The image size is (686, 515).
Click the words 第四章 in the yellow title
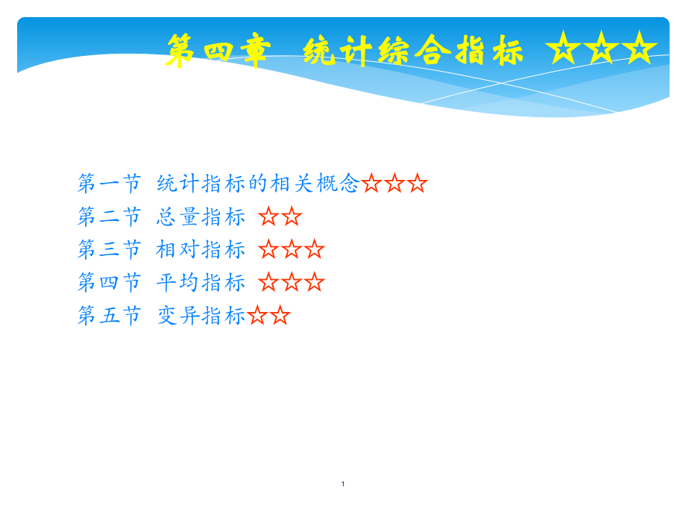[218, 51]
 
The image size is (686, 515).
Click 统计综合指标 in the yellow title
[413, 51]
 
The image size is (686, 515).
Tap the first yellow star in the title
[564, 48]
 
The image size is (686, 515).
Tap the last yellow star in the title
[639, 48]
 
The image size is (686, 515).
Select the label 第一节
[109, 183]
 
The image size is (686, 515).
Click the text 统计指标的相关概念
[258, 183]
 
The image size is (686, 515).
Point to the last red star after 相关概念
[417, 183]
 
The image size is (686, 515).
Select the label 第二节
[109, 216]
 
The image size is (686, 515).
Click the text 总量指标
[201, 216]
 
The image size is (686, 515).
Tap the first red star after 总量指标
[268, 216]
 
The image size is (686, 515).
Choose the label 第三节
[109, 249]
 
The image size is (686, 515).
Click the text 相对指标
[201, 249]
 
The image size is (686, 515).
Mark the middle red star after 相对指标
[292, 249]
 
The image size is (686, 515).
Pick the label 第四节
[109, 282]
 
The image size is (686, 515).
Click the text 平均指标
[201, 282]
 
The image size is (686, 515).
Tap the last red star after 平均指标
[314, 282]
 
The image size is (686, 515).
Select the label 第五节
[109, 315]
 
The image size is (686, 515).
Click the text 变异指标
[201, 315]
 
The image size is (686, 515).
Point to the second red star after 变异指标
[280, 315]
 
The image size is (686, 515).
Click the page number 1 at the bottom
[343, 484]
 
